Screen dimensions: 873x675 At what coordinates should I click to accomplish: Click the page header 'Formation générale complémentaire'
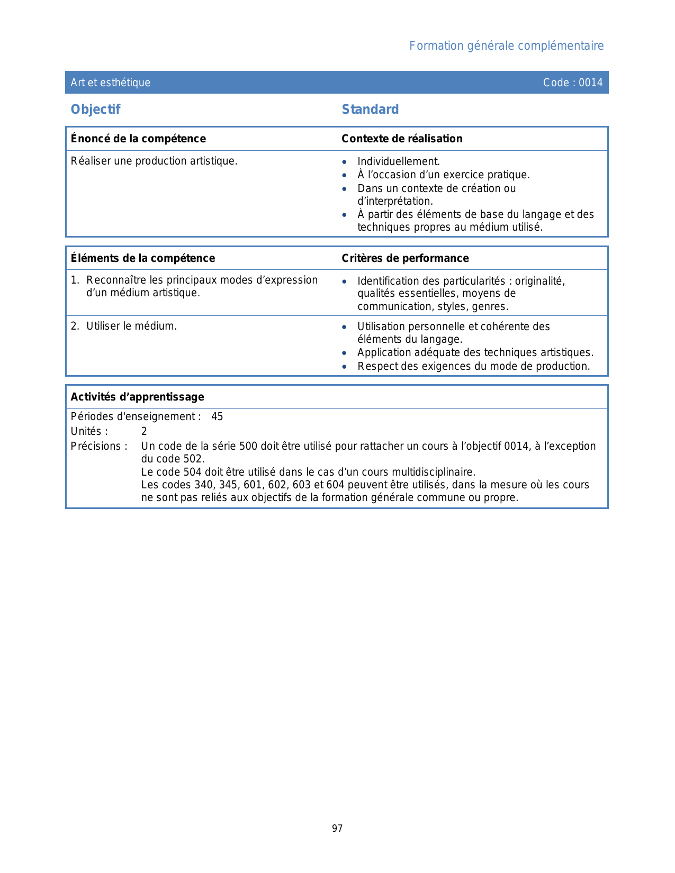pyautogui.click(x=506, y=46)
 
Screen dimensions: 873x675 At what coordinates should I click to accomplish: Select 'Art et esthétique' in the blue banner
pyautogui.click(x=111, y=83)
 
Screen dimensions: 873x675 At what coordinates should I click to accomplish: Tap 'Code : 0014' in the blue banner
pyautogui.click(x=573, y=83)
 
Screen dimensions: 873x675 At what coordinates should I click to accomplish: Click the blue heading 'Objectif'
pyautogui.click(x=96, y=110)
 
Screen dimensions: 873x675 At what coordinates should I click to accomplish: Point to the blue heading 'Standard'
pyautogui.click(x=370, y=110)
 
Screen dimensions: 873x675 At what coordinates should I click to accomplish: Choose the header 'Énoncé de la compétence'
pyautogui.click(x=138, y=139)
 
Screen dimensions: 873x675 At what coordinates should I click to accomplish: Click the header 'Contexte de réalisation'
pyautogui.click(x=402, y=139)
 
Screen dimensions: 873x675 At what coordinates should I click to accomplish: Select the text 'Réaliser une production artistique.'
pyautogui.click(x=154, y=161)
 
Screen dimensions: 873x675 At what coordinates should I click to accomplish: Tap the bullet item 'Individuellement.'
pyautogui.click(x=399, y=161)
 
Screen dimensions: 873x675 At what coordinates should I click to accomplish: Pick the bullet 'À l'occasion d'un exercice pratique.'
pyautogui.click(x=443, y=175)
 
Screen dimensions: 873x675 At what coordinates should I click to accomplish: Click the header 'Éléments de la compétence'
pyautogui.click(x=143, y=258)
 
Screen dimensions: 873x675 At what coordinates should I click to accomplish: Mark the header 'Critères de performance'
pyautogui.click(x=405, y=258)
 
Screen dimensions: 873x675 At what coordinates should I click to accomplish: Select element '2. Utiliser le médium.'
pyautogui.click(x=124, y=326)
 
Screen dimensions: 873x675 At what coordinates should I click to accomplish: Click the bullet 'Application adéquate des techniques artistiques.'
pyautogui.click(x=475, y=352)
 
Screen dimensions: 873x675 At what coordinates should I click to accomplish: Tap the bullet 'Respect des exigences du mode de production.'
pyautogui.click(x=473, y=366)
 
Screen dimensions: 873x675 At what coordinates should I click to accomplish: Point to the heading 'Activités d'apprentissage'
pyautogui.click(x=138, y=397)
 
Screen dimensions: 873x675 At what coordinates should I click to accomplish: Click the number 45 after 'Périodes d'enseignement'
pyautogui.click(x=217, y=416)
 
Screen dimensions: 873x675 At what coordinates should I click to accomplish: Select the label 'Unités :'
pyautogui.click(x=89, y=431)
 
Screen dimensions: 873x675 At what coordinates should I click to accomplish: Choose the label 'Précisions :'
pyautogui.click(x=99, y=446)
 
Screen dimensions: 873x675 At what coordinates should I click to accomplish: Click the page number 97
pyautogui.click(x=337, y=829)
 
